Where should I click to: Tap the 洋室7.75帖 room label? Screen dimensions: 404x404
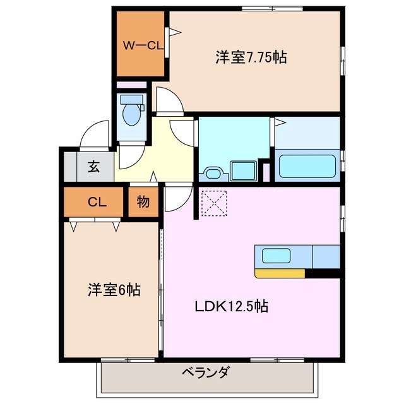[x=251, y=57]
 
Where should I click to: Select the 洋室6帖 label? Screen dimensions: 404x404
[x=114, y=290]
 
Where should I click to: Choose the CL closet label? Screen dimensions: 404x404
[x=95, y=202]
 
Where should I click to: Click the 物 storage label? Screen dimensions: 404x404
[x=143, y=202]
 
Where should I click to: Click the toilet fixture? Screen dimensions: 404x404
[x=132, y=112]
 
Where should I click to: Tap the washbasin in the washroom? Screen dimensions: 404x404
[x=211, y=172]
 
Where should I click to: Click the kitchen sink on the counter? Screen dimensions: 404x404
[x=276, y=256]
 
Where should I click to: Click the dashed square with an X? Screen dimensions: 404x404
[x=213, y=202]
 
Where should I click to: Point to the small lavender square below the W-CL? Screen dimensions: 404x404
[x=131, y=85]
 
